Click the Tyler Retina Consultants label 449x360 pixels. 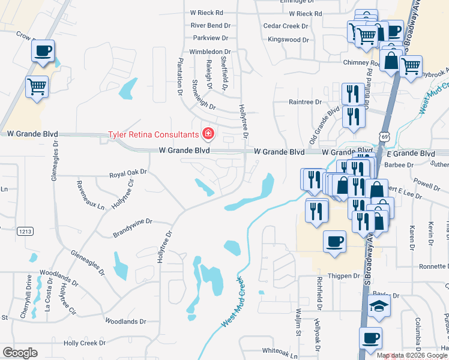[x=152, y=134]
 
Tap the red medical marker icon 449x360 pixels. [x=208, y=133]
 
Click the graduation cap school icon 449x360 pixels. [x=379, y=307]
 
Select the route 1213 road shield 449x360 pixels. [x=25, y=231]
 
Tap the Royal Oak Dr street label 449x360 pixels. [x=128, y=173]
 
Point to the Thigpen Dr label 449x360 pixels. [x=344, y=276]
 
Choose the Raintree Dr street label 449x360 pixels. [x=306, y=102]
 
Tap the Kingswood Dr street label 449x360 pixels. [x=288, y=40]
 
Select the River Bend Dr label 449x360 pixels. [x=211, y=26]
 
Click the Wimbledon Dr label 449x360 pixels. [x=210, y=52]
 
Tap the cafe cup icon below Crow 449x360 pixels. [x=43, y=52]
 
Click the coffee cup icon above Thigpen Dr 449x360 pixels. [x=334, y=243]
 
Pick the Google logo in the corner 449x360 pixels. [x=20, y=353]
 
